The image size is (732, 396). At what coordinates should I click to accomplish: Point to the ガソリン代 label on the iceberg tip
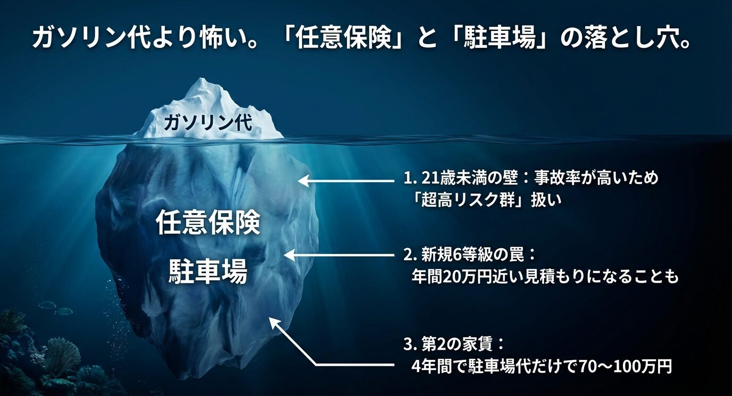(209, 123)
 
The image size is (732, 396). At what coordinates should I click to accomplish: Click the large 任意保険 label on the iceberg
(208, 223)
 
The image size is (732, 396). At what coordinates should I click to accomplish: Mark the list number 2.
(407, 255)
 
